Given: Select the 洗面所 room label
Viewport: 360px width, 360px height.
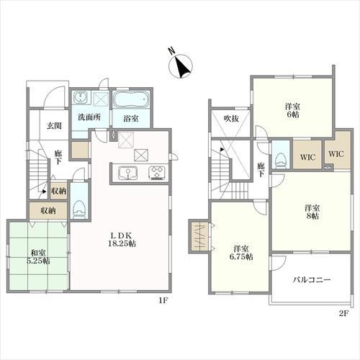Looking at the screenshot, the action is tap(89, 117).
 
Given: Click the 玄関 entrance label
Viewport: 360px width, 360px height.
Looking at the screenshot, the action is tap(54, 125).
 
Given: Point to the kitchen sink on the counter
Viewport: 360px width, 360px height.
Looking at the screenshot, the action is tap(127, 173).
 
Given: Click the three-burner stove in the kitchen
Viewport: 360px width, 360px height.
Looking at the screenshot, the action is tap(157, 173).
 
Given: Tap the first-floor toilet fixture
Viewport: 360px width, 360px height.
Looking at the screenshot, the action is tap(79, 209).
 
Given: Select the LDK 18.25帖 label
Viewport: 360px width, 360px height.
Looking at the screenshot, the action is tap(122, 239).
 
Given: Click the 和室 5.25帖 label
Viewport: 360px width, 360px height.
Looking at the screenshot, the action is tap(38, 257).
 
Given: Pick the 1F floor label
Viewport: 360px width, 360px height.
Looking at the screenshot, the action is tap(163, 300).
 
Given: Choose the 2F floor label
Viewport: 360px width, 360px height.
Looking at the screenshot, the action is tap(343, 313).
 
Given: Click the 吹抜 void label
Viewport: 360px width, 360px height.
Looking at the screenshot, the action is tap(231, 118).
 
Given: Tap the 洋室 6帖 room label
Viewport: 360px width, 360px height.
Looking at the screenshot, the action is tap(292, 110).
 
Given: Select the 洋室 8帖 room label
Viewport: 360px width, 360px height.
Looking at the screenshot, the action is tap(312, 212).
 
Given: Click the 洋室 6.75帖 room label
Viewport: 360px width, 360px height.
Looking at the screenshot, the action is tap(241, 253).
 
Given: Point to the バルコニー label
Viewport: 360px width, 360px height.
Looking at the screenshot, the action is tap(312, 279).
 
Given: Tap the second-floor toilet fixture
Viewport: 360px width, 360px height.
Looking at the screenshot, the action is tap(280, 160).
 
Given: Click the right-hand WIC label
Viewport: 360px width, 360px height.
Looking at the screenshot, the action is tap(336, 154).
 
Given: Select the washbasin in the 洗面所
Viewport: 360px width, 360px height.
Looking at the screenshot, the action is tap(79, 97).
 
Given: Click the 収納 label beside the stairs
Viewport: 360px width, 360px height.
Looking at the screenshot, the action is tap(59, 191).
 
